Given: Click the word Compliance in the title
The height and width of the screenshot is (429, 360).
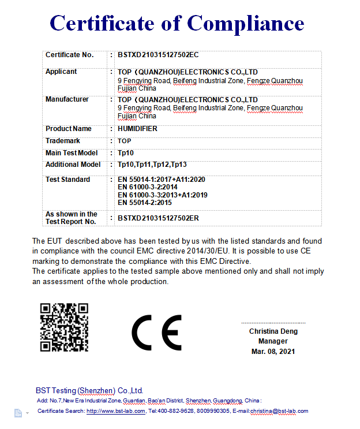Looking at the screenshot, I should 245,23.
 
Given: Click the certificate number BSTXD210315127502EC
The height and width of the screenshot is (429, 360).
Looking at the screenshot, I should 157,55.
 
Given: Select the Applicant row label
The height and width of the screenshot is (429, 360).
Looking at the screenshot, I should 61,72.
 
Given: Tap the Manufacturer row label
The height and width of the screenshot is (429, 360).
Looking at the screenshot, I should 67,99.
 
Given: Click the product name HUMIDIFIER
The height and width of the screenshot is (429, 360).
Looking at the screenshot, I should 137,129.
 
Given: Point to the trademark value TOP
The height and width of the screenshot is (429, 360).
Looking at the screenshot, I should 124,141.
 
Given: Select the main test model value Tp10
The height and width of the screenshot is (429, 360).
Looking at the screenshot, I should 125,153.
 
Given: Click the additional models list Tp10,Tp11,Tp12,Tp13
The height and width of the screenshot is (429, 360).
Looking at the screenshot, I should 152,165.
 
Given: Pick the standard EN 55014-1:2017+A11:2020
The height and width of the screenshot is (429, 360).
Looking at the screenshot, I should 161,180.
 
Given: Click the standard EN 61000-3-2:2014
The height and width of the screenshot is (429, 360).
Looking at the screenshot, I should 147,187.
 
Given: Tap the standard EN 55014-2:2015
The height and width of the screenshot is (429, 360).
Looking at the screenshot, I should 144,203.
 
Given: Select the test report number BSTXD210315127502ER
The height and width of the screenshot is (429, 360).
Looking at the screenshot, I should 158,218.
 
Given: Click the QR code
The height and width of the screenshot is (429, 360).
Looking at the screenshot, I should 64,327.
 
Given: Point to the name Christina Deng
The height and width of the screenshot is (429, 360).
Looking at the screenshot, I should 273,331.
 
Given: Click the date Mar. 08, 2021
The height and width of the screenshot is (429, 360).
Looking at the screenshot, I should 273,351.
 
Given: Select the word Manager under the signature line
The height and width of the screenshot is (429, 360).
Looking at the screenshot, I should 273,341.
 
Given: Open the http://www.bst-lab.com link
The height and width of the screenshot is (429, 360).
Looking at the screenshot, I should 116,411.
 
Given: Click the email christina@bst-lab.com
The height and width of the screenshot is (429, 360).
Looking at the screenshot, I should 279,411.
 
